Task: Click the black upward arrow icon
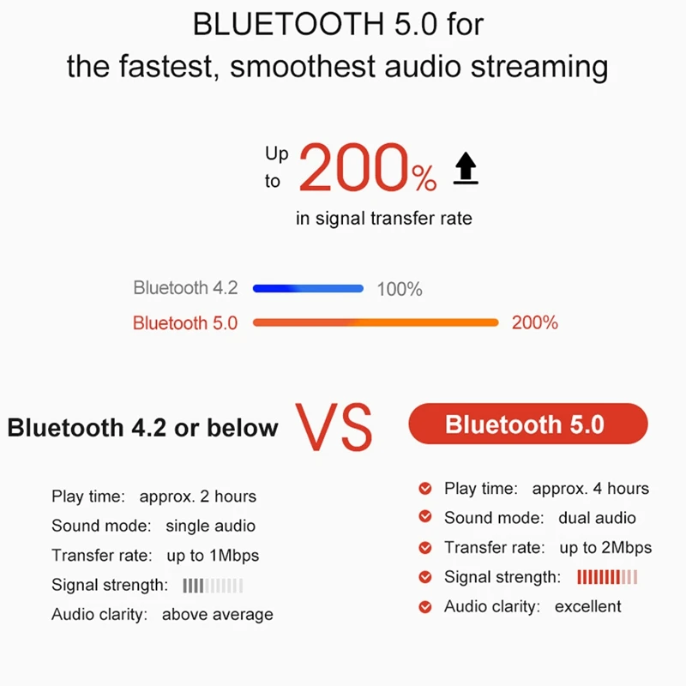click(x=466, y=167)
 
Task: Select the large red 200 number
click(x=354, y=167)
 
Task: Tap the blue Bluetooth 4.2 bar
click(x=308, y=288)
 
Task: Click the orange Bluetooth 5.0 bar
click(x=376, y=322)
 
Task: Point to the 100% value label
click(x=400, y=289)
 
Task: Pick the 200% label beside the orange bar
click(x=534, y=323)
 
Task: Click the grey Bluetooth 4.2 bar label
click(x=185, y=288)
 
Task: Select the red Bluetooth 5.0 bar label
click(x=185, y=323)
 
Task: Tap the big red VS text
click(x=334, y=427)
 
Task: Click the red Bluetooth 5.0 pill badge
click(x=528, y=424)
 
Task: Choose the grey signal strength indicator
click(x=213, y=586)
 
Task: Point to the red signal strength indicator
click(x=607, y=577)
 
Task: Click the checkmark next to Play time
click(x=425, y=488)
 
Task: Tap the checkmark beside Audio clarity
click(x=425, y=607)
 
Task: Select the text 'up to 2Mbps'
click(x=605, y=548)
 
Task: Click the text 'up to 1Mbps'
click(x=213, y=556)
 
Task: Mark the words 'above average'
click(x=218, y=615)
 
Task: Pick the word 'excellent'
click(x=587, y=607)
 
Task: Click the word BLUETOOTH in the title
click(x=289, y=24)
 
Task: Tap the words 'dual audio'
click(x=597, y=518)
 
